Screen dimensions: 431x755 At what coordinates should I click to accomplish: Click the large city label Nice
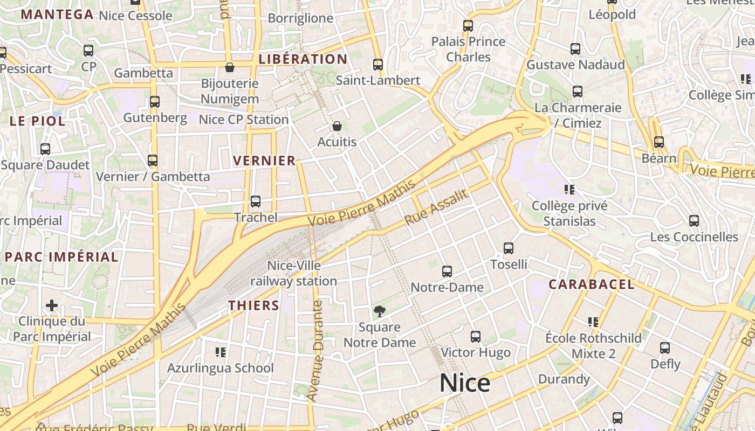tap(465, 383)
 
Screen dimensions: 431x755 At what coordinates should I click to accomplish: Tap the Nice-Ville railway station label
tap(294, 273)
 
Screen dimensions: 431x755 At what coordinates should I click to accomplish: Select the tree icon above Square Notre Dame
tap(380, 311)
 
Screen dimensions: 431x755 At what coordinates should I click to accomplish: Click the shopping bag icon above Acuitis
tap(337, 126)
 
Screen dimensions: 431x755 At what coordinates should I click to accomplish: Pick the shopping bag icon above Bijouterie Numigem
tap(230, 67)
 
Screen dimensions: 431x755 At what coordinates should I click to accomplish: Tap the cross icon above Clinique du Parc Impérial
tap(52, 306)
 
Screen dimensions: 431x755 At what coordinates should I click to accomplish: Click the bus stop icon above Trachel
tap(256, 201)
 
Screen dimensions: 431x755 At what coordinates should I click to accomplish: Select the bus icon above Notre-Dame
tap(447, 272)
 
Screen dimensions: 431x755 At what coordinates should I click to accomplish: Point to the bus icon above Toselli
tap(509, 248)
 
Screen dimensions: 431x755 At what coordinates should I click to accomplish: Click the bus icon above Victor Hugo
tap(476, 337)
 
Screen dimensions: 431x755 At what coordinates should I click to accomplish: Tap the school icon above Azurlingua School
tap(220, 352)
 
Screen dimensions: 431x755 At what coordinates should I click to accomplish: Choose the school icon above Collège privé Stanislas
tap(569, 189)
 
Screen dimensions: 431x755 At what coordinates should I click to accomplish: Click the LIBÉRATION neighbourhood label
tap(303, 59)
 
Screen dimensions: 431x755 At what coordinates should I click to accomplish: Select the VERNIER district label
tap(264, 161)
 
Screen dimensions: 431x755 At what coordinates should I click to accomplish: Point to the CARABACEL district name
tap(592, 284)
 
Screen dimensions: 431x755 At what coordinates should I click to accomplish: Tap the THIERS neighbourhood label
tap(253, 306)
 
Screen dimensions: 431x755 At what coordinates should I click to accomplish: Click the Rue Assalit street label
tap(436, 208)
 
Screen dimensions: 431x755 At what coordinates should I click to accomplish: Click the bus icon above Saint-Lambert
tap(378, 65)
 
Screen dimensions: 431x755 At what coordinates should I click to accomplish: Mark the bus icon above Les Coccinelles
tap(694, 221)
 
